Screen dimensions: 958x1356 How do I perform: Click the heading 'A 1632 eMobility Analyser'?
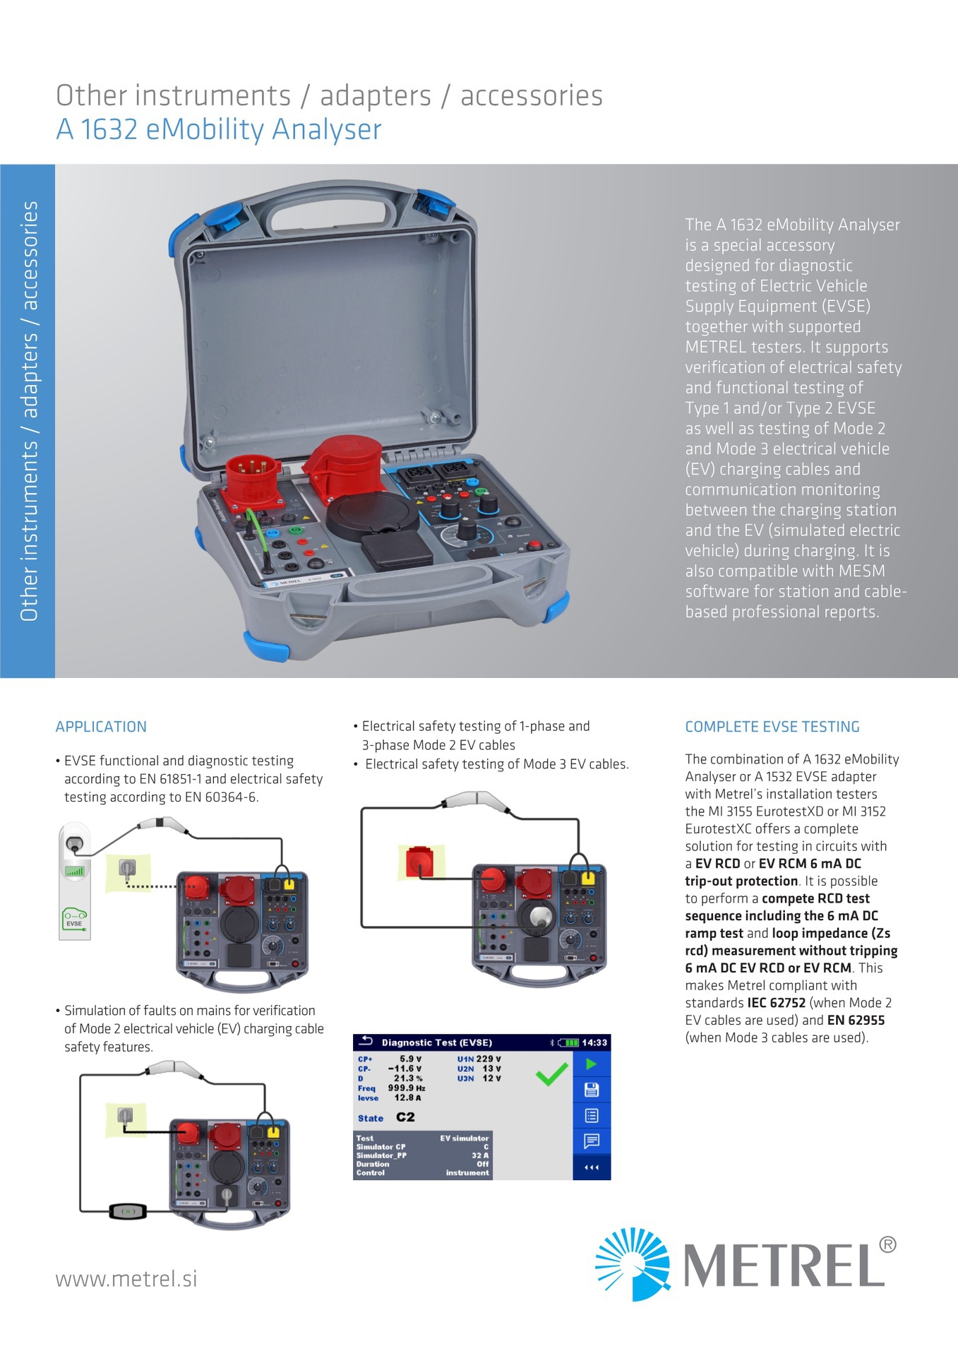219,130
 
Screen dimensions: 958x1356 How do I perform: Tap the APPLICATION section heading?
101,727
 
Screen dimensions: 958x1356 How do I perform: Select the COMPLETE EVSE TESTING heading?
772,727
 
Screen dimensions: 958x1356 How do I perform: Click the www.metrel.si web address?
126,1279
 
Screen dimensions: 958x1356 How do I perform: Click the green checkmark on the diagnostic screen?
551,1073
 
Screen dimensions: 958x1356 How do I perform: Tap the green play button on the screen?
591,1064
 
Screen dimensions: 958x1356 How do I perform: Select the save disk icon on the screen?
591,1090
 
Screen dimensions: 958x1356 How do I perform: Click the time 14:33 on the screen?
594,1042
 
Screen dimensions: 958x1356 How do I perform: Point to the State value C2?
405,1117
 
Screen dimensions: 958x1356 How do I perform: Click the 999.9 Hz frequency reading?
407,1088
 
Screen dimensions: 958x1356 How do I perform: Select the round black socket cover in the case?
371,515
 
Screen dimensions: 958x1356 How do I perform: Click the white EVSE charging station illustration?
74,881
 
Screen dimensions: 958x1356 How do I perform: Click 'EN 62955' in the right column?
856,1021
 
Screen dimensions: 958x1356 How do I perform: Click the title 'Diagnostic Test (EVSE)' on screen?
436,1042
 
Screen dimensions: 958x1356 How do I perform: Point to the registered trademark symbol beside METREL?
888,1244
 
